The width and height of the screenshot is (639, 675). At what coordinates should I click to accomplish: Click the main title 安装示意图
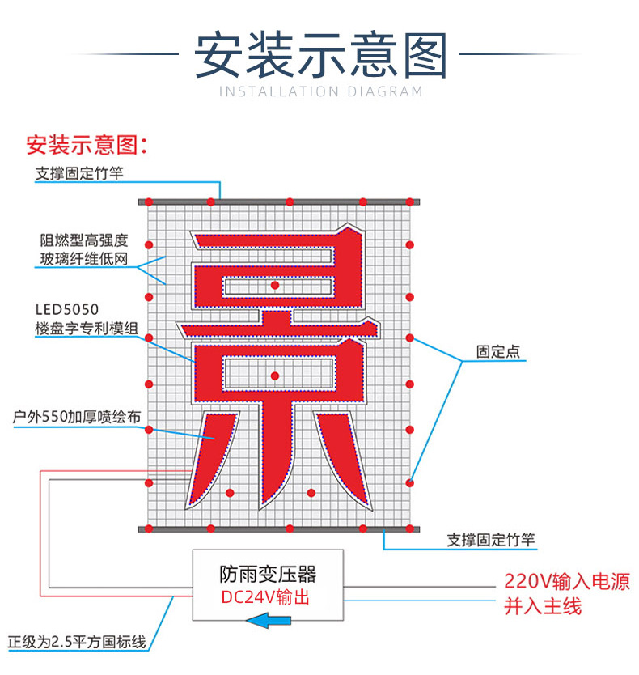[320, 54]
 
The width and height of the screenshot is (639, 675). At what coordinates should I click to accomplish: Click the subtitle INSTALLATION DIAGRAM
[320, 91]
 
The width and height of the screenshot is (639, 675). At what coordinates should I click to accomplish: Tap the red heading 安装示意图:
[87, 146]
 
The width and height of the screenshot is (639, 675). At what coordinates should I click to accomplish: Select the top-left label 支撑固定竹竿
[79, 173]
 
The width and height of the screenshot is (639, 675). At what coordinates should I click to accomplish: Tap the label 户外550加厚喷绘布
[78, 417]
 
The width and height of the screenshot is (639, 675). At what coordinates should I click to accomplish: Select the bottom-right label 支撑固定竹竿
[491, 540]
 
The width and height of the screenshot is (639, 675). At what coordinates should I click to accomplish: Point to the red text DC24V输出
[266, 598]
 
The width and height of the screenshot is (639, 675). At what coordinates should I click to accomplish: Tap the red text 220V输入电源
[565, 581]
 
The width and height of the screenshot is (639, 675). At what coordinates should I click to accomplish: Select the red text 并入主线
[543, 606]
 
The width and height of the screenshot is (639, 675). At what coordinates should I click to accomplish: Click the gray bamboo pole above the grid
[279, 201]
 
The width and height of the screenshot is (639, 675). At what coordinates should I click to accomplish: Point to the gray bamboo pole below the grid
[279, 529]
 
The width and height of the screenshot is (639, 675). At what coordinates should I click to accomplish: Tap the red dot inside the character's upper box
[275, 286]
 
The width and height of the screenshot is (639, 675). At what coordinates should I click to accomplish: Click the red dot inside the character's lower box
[275, 376]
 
